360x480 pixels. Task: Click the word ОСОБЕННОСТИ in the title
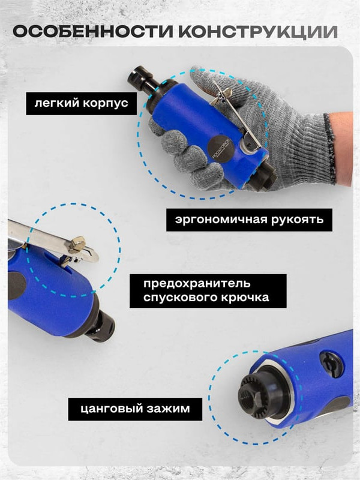click(x=93, y=32)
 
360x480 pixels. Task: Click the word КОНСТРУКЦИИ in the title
click(x=258, y=32)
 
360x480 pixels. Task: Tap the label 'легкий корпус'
click(x=81, y=103)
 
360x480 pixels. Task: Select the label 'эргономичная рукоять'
click(x=249, y=220)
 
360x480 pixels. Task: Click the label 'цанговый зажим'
click(x=135, y=409)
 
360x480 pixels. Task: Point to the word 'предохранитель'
click(x=197, y=283)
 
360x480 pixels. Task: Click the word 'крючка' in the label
click(x=245, y=298)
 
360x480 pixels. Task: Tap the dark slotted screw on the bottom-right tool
click(x=332, y=364)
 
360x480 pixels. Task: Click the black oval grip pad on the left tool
click(x=16, y=286)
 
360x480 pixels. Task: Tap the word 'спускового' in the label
click(x=181, y=298)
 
